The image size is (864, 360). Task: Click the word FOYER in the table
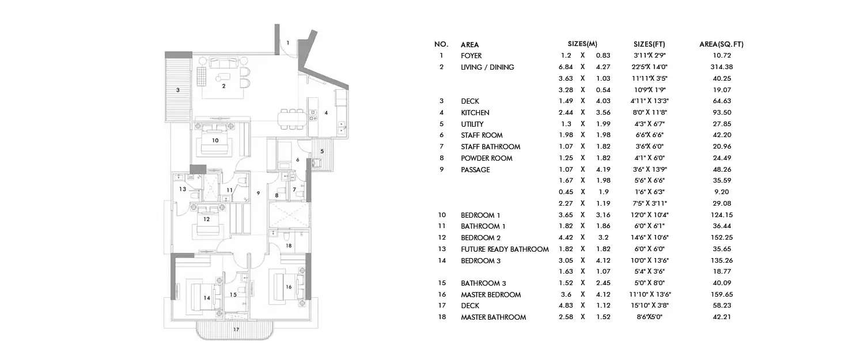[x=471, y=56]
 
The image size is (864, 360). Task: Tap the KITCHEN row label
[x=475, y=113]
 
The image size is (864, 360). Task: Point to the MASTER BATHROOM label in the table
[x=493, y=317]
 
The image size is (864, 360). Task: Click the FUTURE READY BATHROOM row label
[x=505, y=249]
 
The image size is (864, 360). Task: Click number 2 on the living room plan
[x=223, y=86]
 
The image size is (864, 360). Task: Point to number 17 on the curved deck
[x=236, y=330]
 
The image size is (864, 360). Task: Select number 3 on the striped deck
[x=178, y=90]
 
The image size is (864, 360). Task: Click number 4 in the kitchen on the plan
[x=326, y=113]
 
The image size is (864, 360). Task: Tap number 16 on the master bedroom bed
[x=289, y=286]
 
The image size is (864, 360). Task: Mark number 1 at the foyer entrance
[x=288, y=42]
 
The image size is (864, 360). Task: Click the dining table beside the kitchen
[x=292, y=119]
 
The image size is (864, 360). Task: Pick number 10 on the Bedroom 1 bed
[x=215, y=140]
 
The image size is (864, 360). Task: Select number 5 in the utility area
[x=322, y=151]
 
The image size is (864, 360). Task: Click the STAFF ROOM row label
[x=482, y=135]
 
